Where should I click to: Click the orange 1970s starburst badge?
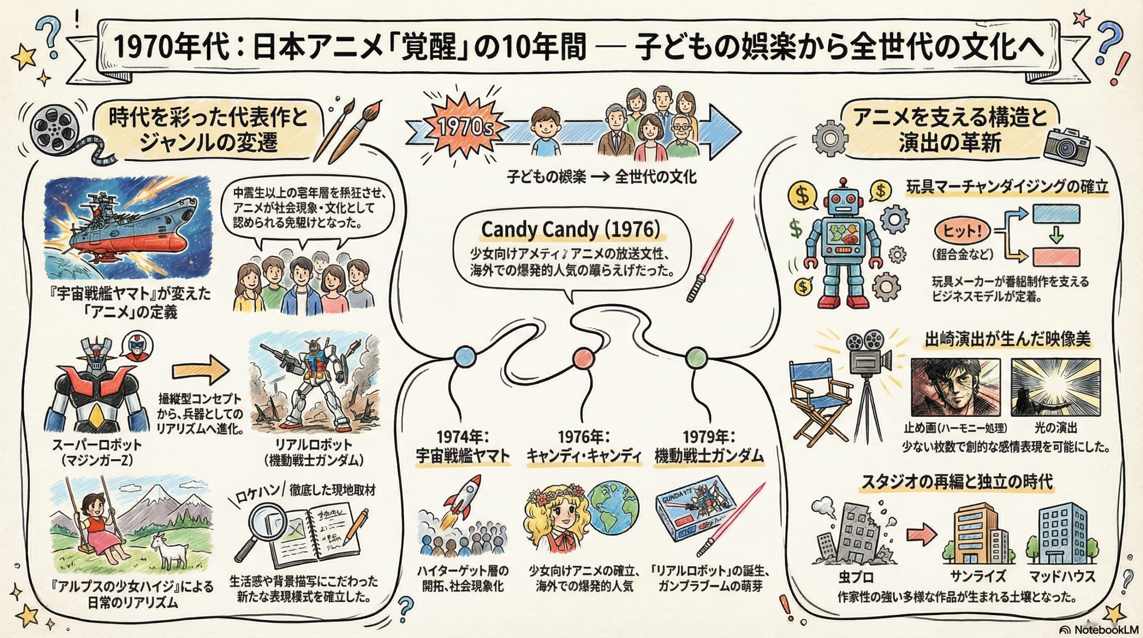(x=464, y=128)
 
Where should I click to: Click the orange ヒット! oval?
(x=962, y=232)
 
